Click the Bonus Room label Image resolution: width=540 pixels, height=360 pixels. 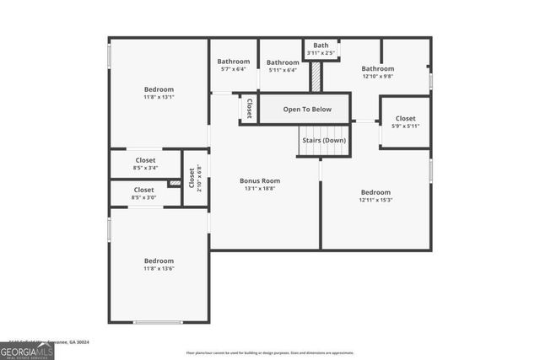pos(260,180)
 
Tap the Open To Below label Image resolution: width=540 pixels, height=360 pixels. pos(307,110)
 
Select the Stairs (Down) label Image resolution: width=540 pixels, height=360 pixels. pos(323,140)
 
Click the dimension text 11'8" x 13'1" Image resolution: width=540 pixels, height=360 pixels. pos(159,98)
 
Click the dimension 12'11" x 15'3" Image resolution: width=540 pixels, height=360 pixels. pos(375,201)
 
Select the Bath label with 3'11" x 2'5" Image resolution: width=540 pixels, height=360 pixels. pos(321,46)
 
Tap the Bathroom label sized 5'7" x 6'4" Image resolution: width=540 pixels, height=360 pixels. pos(234,62)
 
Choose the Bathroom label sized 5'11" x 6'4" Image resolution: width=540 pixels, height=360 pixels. pos(283,62)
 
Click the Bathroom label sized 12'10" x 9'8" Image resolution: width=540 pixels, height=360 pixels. pos(378,69)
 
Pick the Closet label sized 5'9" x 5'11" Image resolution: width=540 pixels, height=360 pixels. pos(405,119)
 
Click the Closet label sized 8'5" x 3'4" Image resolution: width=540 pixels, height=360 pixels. pos(145,160)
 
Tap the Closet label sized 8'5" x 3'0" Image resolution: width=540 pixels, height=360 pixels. pos(144,191)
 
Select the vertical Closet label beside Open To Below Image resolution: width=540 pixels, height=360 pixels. pos(250,109)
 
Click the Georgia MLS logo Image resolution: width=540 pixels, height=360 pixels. pos(27,350)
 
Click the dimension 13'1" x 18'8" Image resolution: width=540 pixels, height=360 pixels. pos(260,189)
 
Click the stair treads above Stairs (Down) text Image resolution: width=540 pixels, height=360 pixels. pos(323,129)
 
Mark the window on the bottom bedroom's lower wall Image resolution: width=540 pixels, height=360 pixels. pos(159,322)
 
